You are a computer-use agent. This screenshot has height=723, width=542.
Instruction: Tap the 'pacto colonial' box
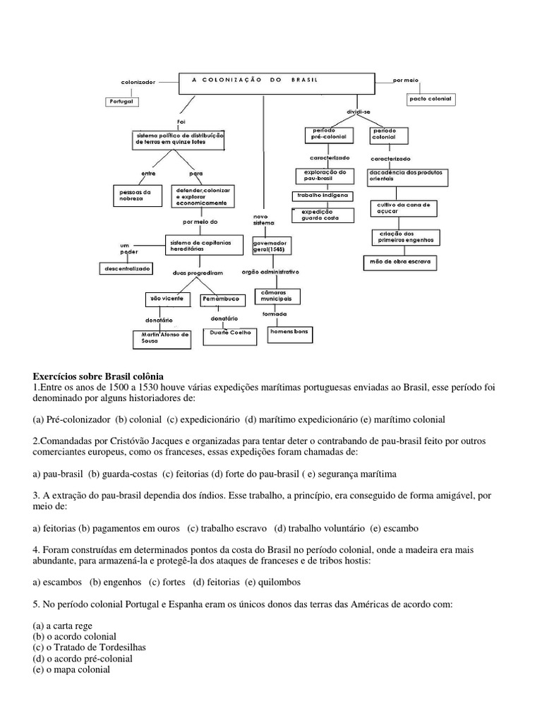pos(429,100)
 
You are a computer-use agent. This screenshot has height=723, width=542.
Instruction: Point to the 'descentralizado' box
pos(126,268)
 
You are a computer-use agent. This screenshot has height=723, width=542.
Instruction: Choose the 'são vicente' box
pos(167,299)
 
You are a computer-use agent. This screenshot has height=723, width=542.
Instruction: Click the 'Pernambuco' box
pos(221,299)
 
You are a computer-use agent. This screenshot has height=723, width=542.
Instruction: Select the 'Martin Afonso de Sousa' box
pos(162,338)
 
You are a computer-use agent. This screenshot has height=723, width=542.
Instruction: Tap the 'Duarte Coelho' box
pos(230,336)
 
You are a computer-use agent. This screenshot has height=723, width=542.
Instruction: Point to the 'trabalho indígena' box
pos(322,196)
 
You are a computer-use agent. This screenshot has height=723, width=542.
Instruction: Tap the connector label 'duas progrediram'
pos(198,272)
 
